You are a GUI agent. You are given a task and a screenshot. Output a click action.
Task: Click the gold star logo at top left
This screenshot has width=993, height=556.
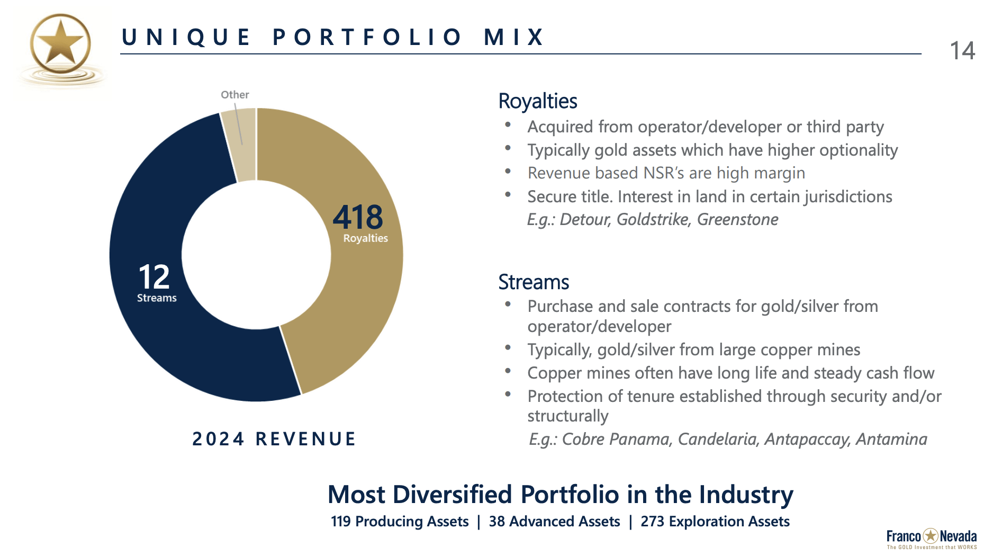pyautogui.click(x=60, y=44)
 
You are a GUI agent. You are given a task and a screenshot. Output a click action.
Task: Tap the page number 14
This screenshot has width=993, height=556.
pyautogui.click(x=962, y=51)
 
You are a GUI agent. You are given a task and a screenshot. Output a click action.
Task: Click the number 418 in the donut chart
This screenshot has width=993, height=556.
pyautogui.click(x=358, y=217)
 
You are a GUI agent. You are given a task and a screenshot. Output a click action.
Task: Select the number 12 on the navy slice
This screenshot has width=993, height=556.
pyautogui.click(x=154, y=277)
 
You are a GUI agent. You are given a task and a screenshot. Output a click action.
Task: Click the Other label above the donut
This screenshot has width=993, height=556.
pyautogui.click(x=234, y=95)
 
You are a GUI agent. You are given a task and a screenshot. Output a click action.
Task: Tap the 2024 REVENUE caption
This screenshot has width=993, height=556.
pyautogui.click(x=274, y=439)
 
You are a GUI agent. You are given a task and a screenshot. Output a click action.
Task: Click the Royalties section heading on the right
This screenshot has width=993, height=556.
pyautogui.click(x=537, y=101)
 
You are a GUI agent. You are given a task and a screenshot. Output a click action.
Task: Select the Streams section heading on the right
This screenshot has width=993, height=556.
pyautogui.click(x=534, y=282)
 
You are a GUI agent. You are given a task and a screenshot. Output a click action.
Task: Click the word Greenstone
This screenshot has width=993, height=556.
pyautogui.click(x=737, y=219)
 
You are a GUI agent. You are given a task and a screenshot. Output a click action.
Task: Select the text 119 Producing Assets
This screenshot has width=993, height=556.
pyautogui.click(x=400, y=522)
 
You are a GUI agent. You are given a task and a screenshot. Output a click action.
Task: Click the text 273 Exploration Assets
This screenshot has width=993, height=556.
pyautogui.click(x=715, y=522)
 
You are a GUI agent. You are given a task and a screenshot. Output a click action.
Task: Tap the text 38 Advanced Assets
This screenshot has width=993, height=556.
pyautogui.click(x=554, y=522)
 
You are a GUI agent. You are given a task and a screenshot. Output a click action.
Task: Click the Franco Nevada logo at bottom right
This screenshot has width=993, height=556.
pyautogui.click(x=931, y=538)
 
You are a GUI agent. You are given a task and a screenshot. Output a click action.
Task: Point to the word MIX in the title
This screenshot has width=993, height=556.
pyautogui.click(x=514, y=37)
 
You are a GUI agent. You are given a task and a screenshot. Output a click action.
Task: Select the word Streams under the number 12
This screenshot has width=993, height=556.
pyautogui.click(x=157, y=298)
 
